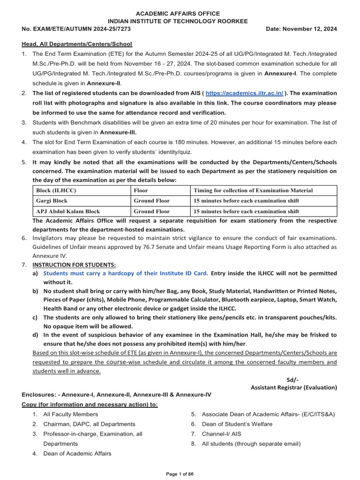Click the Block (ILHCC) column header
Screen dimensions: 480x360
click(56, 190)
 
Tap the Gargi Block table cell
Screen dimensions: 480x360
click(52, 201)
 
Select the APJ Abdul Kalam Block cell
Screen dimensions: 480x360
click(68, 211)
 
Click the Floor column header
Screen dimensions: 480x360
click(141, 190)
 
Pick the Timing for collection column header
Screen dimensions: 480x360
click(253, 190)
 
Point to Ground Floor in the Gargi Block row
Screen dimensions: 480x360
click(151, 201)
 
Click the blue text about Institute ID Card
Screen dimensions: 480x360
click(126, 273)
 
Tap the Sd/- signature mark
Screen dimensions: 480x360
click(292, 380)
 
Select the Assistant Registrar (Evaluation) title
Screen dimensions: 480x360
click(293, 388)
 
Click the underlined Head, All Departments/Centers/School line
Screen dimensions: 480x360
click(77, 44)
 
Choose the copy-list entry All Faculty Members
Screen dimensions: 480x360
click(71, 414)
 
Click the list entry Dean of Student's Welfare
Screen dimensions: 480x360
click(237, 424)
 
